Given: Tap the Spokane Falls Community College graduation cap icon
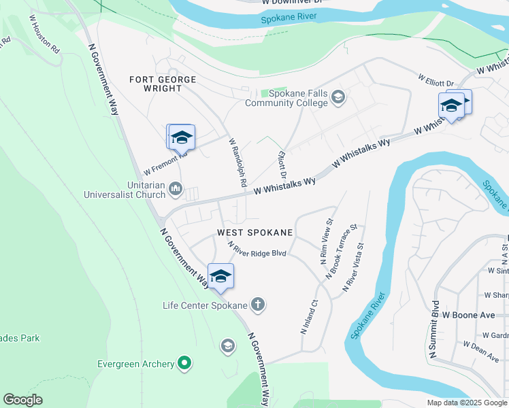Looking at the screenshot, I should pos(338,99).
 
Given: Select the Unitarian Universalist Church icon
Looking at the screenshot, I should pos(176,188).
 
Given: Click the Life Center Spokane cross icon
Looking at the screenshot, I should pos(258,305).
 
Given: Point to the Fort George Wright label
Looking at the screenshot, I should pos(163,80).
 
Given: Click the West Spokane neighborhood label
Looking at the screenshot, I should pos(255,233).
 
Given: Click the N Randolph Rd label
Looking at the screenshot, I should pos(237,163).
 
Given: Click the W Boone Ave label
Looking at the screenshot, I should pos(469,316).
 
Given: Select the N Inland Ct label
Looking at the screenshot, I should pos(309,318).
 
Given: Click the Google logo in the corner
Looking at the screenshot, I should pos(22,400).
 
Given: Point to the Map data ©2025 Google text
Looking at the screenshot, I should pos(466,403).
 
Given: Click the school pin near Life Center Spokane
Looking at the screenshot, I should pos(220,276).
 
